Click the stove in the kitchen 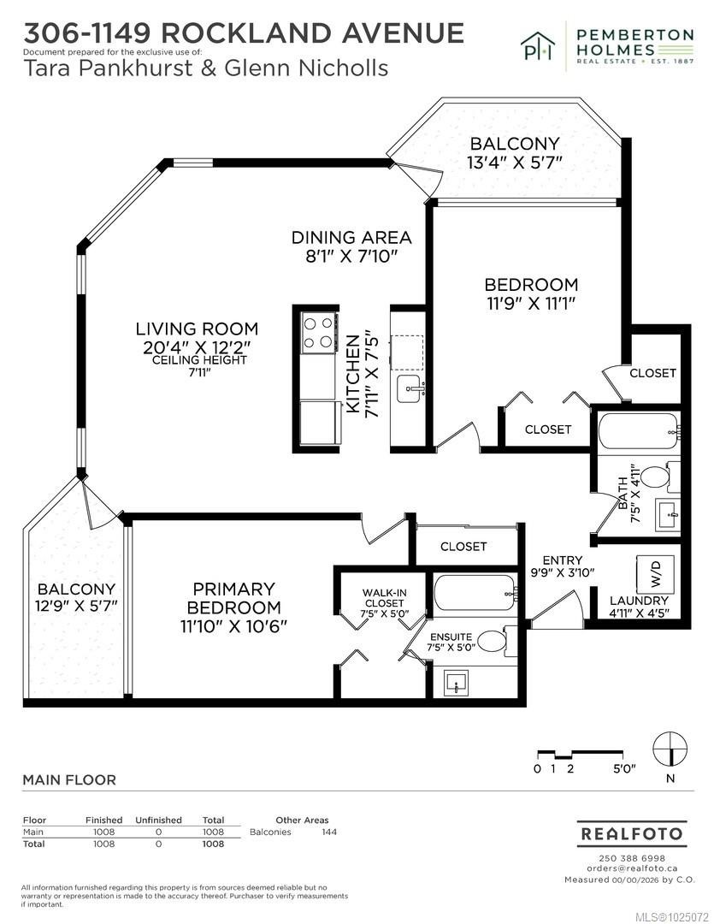point(319,332)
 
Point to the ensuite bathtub point(475,592)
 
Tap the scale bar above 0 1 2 point(580,754)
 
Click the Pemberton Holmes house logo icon point(538,45)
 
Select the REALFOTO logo point(631,833)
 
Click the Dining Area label point(351,238)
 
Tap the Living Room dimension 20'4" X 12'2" point(198,347)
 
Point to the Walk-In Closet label point(384,597)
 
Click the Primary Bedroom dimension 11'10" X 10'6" point(233,625)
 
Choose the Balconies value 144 point(329,832)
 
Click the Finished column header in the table point(103,820)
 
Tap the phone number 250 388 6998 point(632,858)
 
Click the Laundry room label point(639,601)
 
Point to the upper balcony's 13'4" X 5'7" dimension point(514,162)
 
